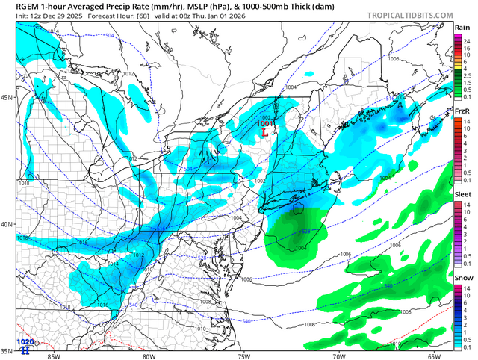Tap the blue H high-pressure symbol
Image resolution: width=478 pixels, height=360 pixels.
click(25, 350)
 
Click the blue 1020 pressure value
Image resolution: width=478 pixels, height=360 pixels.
click(25, 342)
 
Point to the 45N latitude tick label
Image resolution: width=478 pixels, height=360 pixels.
click(7, 98)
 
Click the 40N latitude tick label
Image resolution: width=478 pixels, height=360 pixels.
click(7, 224)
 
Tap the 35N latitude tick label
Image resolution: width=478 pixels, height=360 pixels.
click(7, 350)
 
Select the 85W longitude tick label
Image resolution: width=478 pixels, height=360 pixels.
click(52, 356)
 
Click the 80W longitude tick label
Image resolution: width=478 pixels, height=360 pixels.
click(147, 356)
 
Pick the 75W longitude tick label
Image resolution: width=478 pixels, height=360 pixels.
click(243, 356)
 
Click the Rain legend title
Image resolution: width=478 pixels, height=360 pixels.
click(462, 28)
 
